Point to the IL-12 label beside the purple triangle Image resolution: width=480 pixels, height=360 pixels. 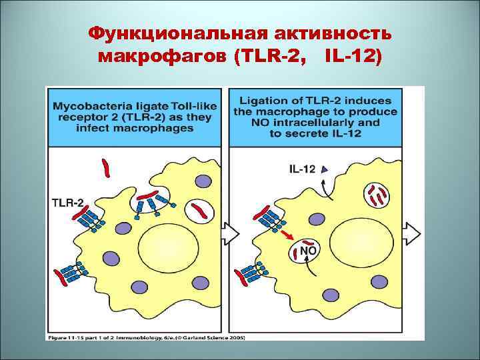click(x=303, y=169)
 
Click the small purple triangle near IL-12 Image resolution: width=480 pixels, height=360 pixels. click(x=324, y=169)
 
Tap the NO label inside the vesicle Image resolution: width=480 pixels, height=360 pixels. click(x=309, y=250)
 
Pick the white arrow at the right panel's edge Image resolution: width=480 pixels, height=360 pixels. click(x=413, y=234)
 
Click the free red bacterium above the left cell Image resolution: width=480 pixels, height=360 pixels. click(x=105, y=169)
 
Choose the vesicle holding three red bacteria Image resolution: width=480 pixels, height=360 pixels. click(x=376, y=195)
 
